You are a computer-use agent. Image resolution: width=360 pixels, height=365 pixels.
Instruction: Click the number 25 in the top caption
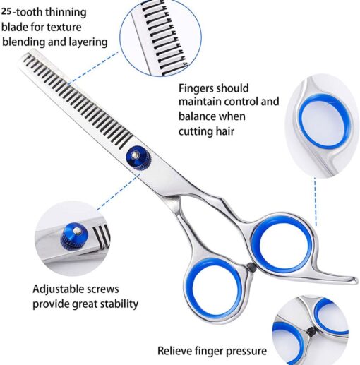pos(6,11)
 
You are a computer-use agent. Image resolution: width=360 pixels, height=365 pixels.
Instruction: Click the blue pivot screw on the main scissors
pos(138,157)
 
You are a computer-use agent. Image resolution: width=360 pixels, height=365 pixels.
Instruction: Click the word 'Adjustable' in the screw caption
pos(58,289)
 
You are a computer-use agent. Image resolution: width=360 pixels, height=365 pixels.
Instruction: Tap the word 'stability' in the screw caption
pos(119,304)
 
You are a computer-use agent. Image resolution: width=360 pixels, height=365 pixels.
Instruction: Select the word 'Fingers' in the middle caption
pos(196,89)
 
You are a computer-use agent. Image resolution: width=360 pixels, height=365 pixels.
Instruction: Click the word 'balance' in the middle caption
pos(197,116)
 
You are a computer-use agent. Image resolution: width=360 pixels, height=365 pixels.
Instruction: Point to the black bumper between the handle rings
pos(251,268)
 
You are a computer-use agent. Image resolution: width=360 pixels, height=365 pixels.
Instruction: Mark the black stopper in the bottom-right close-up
pos(312,331)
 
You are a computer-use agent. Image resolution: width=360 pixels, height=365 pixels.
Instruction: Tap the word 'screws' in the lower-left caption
pos(102,289)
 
